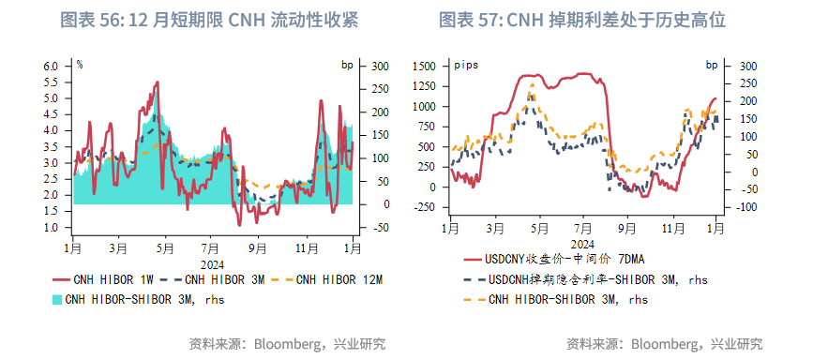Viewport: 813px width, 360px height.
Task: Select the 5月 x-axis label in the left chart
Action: (165, 248)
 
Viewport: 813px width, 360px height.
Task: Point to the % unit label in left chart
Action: (80, 65)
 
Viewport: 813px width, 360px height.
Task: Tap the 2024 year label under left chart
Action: (210, 263)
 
